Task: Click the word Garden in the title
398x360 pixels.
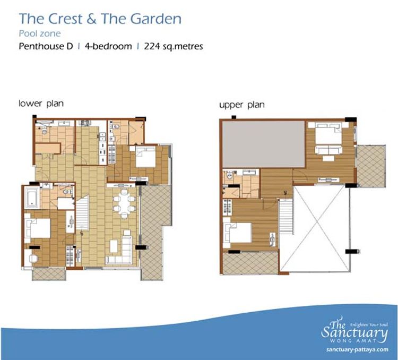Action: (x=156, y=19)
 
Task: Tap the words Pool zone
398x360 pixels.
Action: (x=40, y=33)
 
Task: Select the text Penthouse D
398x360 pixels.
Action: (x=46, y=46)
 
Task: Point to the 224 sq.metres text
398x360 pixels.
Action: (x=174, y=46)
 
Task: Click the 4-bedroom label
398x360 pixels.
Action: (x=108, y=47)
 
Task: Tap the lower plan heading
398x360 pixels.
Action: (x=41, y=104)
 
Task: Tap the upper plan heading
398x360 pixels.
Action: (x=242, y=105)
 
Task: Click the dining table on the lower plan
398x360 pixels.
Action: (x=124, y=204)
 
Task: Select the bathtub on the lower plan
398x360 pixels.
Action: (x=32, y=198)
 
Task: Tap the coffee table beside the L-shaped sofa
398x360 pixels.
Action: (x=114, y=246)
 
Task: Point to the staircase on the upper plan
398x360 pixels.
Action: (x=286, y=217)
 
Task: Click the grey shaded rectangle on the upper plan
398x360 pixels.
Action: (x=263, y=144)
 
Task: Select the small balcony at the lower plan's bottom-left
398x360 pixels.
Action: (x=49, y=274)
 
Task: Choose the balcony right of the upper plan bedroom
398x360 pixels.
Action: (x=371, y=166)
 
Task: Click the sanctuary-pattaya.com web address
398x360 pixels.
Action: (x=357, y=349)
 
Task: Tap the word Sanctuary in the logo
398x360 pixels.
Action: (x=354, y=332)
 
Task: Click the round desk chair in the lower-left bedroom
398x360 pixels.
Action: (x=33, y=259)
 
